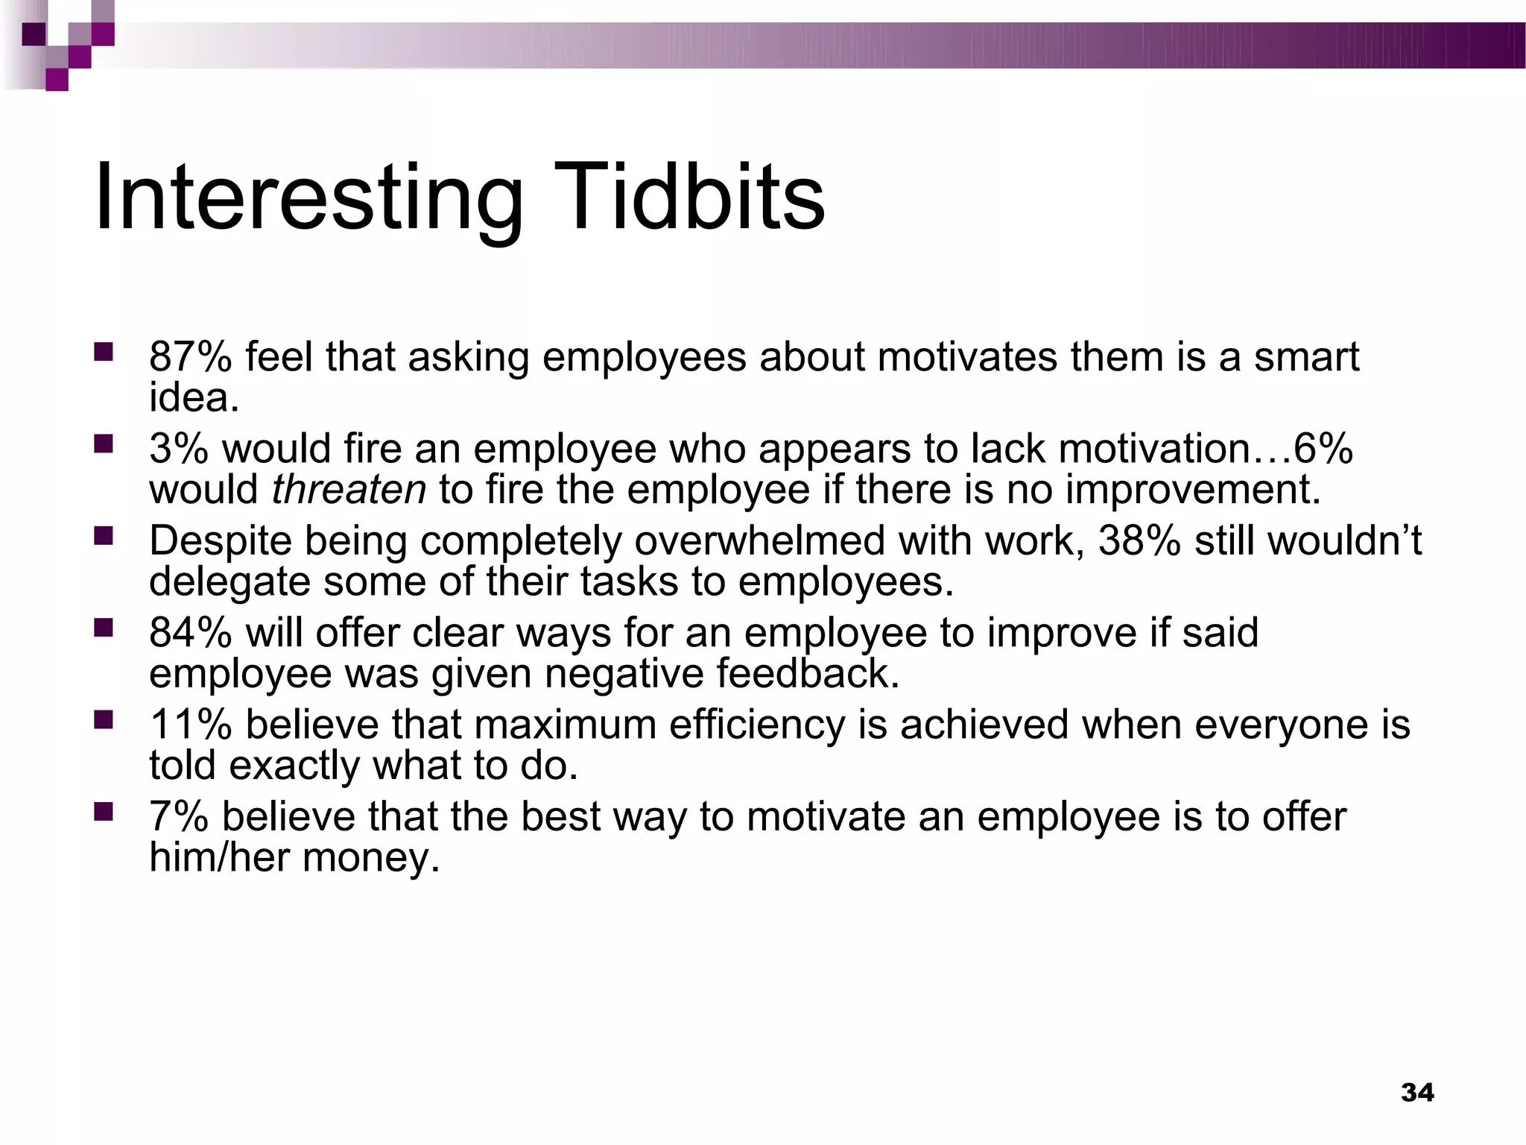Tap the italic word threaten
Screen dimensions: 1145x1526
[349, 490]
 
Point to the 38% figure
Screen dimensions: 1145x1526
[1139, 540]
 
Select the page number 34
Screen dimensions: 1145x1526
[1417, 1093]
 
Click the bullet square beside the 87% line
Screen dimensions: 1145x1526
[103, 351]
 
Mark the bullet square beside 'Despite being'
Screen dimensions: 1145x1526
[103, 535]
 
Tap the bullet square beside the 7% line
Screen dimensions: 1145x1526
[103, 810]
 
